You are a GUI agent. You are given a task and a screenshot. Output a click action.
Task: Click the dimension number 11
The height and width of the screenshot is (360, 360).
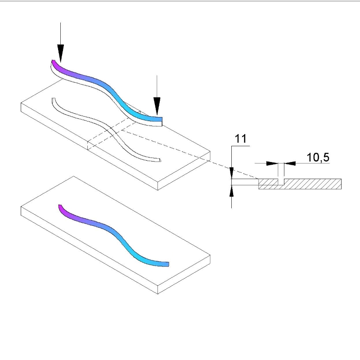[x=241, y=139]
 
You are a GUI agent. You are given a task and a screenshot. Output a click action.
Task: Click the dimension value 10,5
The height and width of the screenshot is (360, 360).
[x=318, y=157]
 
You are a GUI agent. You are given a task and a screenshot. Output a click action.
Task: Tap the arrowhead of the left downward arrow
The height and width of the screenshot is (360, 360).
[x=61, y=53]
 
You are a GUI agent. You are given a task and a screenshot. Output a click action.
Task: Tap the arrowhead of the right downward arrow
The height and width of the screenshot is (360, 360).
[x=157, y=106]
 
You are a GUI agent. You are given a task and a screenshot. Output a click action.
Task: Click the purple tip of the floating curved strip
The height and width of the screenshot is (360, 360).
[x=54, y=62]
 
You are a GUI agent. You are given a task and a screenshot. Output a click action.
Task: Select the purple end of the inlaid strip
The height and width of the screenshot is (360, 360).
[x=60, y=206]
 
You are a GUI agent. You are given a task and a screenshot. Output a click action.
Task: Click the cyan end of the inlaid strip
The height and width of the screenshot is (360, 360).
[x=167, y=264]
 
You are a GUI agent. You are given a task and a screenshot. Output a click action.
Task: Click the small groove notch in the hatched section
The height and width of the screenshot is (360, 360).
[x=281, y=182]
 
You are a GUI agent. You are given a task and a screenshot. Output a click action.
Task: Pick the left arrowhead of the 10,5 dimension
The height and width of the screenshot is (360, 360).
[x=272, y=163]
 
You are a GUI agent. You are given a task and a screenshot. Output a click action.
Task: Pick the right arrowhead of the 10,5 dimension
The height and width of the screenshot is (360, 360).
[x=290, y=163]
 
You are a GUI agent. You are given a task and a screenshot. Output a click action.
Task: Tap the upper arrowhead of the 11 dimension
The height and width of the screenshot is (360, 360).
[x=231, y=173]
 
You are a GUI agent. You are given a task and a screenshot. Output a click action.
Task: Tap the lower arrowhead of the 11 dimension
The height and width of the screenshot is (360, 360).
[x=231, y=191]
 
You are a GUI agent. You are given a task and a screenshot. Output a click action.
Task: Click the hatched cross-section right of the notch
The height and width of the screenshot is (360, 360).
[x=313, y=184]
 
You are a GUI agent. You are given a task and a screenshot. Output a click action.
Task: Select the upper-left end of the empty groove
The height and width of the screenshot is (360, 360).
[x=54, y=99]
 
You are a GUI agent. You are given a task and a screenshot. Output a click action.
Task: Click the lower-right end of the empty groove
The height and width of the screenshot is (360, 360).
[x=159, y=160]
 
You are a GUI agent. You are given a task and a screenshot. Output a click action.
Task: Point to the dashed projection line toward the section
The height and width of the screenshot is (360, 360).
[x=189, y=154]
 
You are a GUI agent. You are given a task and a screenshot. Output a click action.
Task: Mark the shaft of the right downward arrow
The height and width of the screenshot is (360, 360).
[x=157, y=86]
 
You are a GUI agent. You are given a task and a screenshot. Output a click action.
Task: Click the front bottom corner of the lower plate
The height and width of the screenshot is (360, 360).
[x=158, y=294]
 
